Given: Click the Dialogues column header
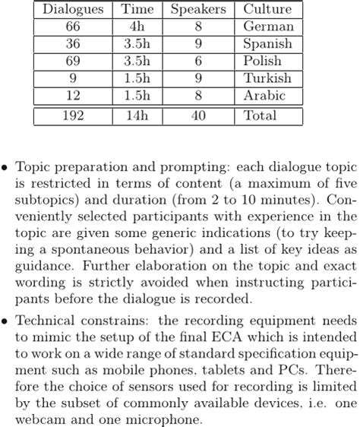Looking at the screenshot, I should coord(73,10).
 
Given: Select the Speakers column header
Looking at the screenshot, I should coord(197,10).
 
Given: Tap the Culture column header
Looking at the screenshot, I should coord(267,10).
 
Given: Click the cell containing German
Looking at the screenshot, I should coord(268,27).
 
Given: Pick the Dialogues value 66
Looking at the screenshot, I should coord(73,27).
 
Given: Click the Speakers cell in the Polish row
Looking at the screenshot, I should coord(197,61).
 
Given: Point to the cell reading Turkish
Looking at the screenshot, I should coord(267,78).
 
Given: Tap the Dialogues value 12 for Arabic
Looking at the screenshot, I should coord(73,96).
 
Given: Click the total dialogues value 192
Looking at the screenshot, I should coord(73,116).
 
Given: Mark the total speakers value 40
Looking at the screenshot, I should coord(197,116).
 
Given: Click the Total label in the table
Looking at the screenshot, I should coord(261,116).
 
